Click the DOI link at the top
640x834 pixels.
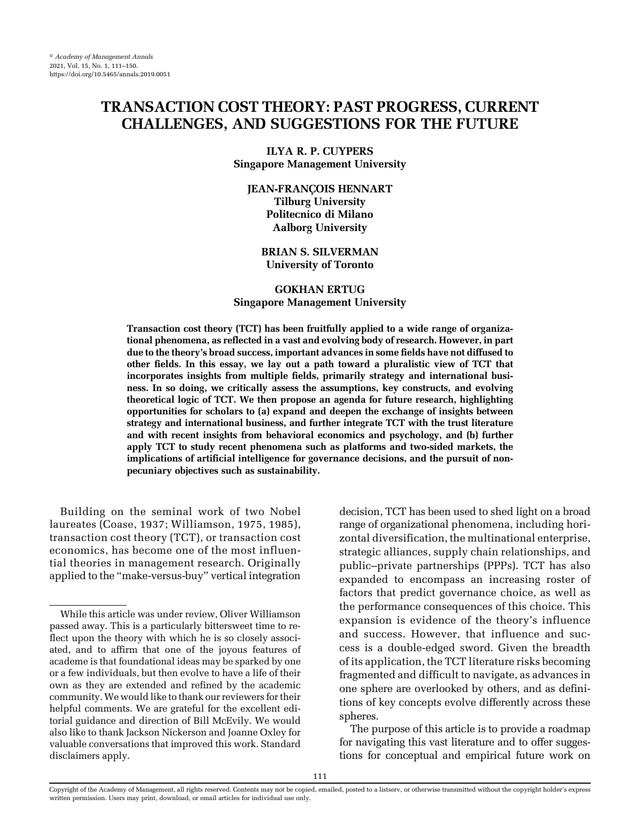tap(109, 74)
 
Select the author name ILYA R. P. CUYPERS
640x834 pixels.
tap(319, 151)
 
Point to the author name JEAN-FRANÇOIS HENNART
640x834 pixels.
tap(319, 189)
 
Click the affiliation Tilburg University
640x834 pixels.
tap(319, 201)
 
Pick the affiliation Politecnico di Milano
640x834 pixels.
tap(319, 214)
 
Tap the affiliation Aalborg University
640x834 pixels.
tap(319, 227)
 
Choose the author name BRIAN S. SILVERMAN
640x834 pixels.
tap(319, 252)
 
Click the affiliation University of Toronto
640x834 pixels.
tap(319, 264)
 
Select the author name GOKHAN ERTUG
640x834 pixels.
tap(319, 289)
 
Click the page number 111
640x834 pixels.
tap(319, 776)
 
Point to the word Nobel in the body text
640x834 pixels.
tap(285, 511)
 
